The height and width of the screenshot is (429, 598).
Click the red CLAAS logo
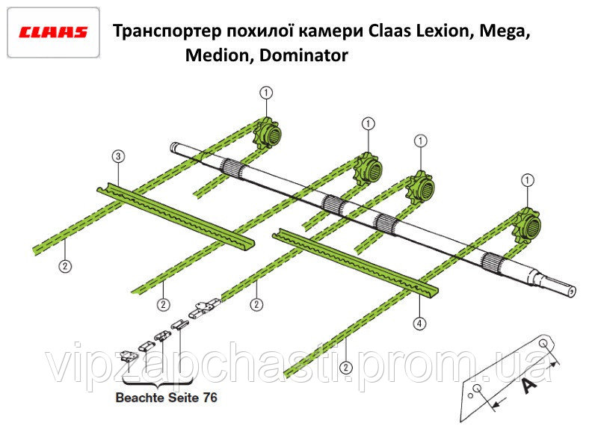point(53,32)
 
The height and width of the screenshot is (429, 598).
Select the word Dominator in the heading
point(304,55)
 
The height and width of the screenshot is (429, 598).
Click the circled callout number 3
point(118,156)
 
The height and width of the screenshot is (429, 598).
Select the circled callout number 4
point(419,324)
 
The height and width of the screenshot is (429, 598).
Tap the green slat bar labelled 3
point(176,216)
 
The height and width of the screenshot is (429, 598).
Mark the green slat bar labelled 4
point(356,262)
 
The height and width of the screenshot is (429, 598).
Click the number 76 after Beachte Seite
point(210,398)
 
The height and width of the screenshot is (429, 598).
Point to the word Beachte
point(139,398)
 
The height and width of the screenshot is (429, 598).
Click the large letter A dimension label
point(529,386)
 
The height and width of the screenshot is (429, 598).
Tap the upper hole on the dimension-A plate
point(543,344)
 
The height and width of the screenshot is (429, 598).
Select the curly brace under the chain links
point(158,383)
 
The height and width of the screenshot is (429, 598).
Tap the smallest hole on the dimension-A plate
point(471,396)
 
